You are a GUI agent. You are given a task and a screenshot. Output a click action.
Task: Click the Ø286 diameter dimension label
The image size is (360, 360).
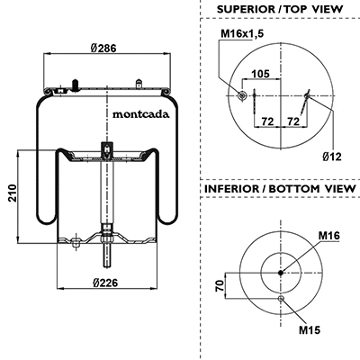pyautogui.click(x=103, y=48)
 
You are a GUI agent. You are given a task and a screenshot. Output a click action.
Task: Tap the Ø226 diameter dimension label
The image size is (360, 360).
pyautogui.click(x=105, y=283)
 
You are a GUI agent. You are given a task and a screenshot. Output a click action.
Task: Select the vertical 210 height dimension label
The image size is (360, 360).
pyautogui.click(x=13, y=193)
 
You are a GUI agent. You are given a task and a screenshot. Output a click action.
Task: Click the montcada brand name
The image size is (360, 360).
pyautogui.click(x=140, y=114)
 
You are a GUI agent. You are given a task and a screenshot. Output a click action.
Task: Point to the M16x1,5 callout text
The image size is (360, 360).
pyautogui.click(x=242, y=33)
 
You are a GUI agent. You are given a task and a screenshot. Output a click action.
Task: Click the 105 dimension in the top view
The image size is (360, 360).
pyautogui.click(x=260, y=74)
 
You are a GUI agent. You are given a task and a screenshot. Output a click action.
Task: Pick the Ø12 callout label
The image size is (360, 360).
pyautogui.click(x=332, y=157)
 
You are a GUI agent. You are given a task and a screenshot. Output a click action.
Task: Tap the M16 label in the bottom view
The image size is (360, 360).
pyautogui.click(x=329, y=236)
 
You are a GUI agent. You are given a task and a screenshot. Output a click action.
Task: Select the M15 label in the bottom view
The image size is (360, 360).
pyautogui.click(x=310, y=330)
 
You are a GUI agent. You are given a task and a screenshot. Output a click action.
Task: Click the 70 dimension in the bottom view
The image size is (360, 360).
pyautogui.click(x=220, y=285)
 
